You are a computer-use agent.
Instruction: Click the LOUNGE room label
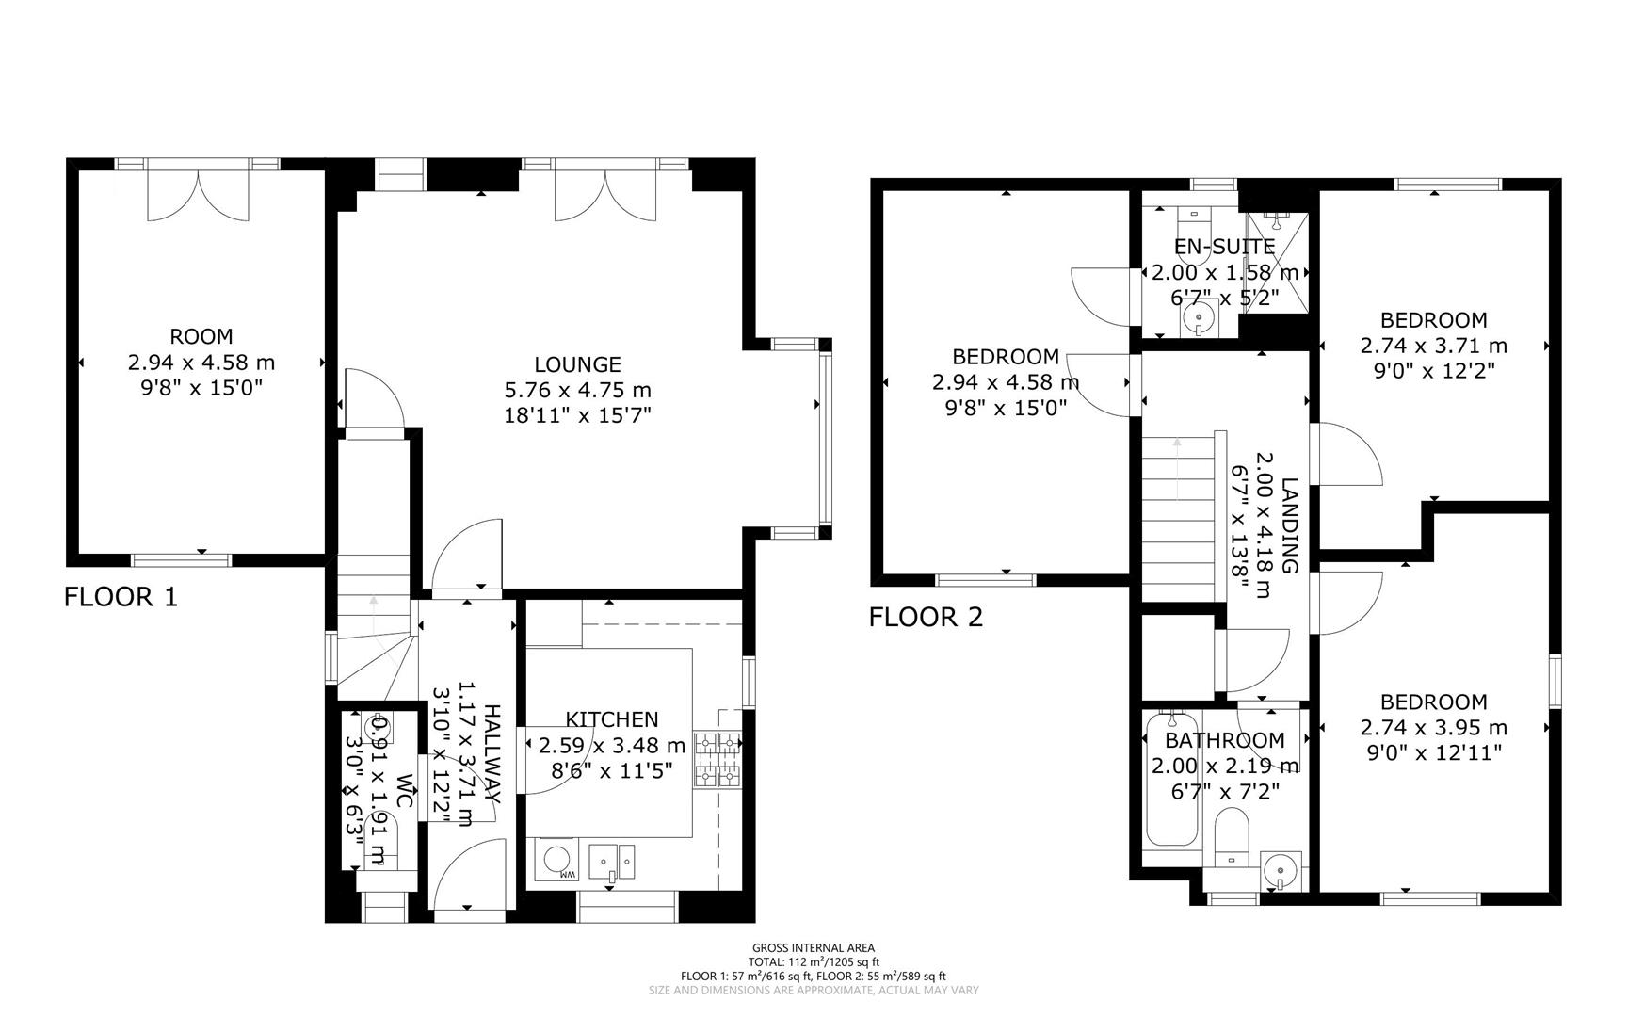tap(577, 364)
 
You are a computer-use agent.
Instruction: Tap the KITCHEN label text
tap(612, 719)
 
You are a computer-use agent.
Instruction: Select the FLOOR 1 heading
tap(121, 596)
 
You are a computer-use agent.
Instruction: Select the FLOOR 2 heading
tap(926, 617)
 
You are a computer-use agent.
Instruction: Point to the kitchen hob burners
tap(718, 760)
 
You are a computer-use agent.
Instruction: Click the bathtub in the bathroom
tap(1171, 778)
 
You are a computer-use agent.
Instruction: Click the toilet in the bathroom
tap(1231, 837)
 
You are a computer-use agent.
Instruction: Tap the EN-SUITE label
tap(1224, 247)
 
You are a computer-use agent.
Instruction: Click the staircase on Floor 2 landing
tap(1180, 516)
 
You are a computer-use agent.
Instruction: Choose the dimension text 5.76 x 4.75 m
tap(577, 390)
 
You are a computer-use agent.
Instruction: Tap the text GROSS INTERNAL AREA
tap(814, 948)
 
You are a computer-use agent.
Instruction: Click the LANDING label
tap(1290, 526)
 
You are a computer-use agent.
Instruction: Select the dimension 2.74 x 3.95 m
tap(1434, 728)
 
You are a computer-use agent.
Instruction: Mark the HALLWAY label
tap(491, 753)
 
